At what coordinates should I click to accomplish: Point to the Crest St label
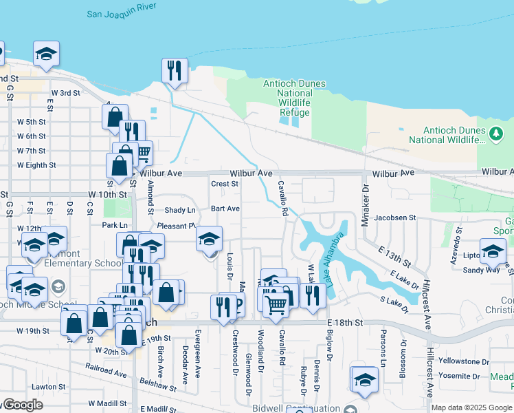(x=225, y=184)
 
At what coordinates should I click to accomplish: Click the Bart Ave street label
(x=225, y=209)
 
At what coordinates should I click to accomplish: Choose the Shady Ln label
(x=180, y=210)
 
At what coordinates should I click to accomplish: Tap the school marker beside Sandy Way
(x=493, y=251)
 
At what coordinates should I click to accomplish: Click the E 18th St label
(x=344, y=322)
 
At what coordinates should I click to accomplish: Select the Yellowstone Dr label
(x=464, y=361)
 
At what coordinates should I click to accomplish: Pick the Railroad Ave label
(x=107, y=374)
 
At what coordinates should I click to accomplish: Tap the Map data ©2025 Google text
(x=471, y=407)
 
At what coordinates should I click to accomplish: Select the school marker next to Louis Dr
(x=210, y=240)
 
